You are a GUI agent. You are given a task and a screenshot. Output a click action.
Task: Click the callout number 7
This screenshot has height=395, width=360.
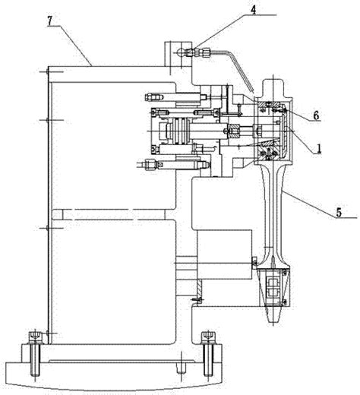click(50, 21)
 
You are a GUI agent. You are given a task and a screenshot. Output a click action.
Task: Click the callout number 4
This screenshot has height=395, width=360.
click(254, 9)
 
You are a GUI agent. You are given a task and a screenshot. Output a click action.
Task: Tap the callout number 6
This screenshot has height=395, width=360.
click(316, 115)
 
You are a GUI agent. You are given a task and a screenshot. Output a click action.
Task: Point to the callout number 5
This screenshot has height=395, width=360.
click(339, 212)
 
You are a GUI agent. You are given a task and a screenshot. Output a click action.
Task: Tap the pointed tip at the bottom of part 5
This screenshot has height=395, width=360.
click(273, 324)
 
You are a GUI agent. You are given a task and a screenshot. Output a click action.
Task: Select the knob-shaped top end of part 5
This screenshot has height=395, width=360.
click(273, 88)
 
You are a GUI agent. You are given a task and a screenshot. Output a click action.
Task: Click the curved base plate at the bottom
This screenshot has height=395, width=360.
click(113, 374)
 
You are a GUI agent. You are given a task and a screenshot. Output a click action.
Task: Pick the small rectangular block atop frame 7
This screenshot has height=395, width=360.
click(178, 55)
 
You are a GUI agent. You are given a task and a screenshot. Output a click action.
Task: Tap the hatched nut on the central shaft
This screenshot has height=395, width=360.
click(233, 131)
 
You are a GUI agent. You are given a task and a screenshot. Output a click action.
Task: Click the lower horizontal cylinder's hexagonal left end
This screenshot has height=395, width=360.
click(150, 165)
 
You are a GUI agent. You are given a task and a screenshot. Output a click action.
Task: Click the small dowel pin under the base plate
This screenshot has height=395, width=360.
click(182, 368)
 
